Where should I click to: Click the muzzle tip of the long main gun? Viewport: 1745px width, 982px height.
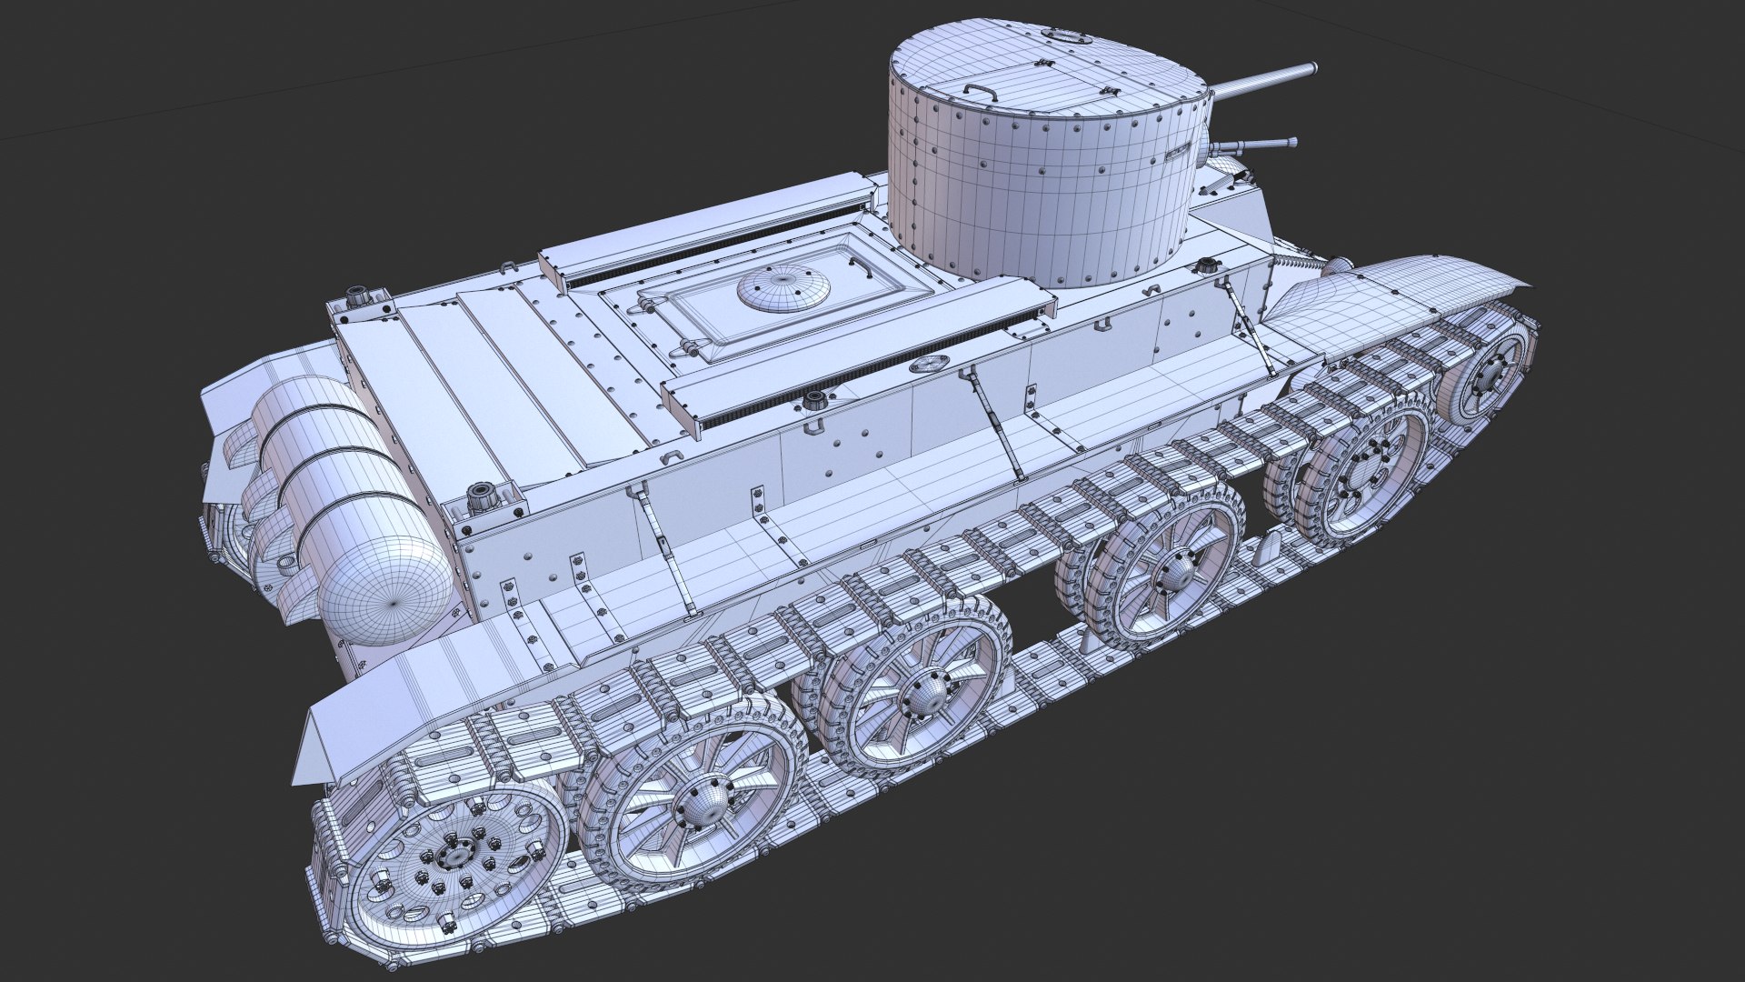point(1312,67)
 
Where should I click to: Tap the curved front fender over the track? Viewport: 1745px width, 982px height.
point(1400,291)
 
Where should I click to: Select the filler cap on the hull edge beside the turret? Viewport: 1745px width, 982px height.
point(1206,266)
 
